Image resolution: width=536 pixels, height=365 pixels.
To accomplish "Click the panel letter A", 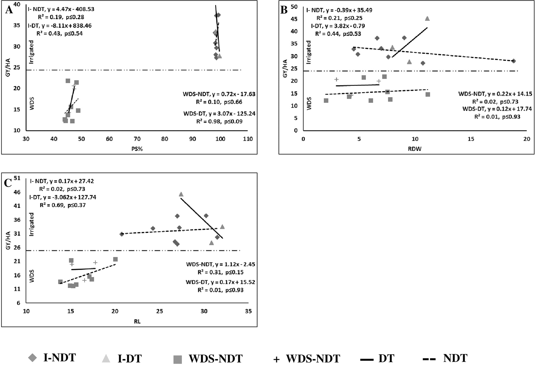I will [x=9, y=9].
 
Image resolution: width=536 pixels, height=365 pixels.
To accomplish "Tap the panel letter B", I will [x=284, y=10].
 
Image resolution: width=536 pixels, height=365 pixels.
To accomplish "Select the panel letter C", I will [x=8, y=183].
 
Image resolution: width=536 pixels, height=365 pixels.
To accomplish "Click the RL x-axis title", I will [x=137, y=321].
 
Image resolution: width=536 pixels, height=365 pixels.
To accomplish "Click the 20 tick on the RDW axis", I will [x=526, y=139].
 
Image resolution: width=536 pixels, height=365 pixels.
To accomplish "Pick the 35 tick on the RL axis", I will [x=248, y=311].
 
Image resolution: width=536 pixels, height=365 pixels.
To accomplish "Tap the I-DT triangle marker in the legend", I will [x=106, y=358].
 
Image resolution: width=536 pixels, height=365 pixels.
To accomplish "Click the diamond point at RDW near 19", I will [x=513, y=61].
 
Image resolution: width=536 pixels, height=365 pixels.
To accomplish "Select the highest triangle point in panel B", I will [x=427, y=19].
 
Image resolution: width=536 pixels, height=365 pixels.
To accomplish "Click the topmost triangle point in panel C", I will [x=181, y=194].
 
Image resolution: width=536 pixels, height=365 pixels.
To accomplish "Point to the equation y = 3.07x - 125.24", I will [x=227, y=114].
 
